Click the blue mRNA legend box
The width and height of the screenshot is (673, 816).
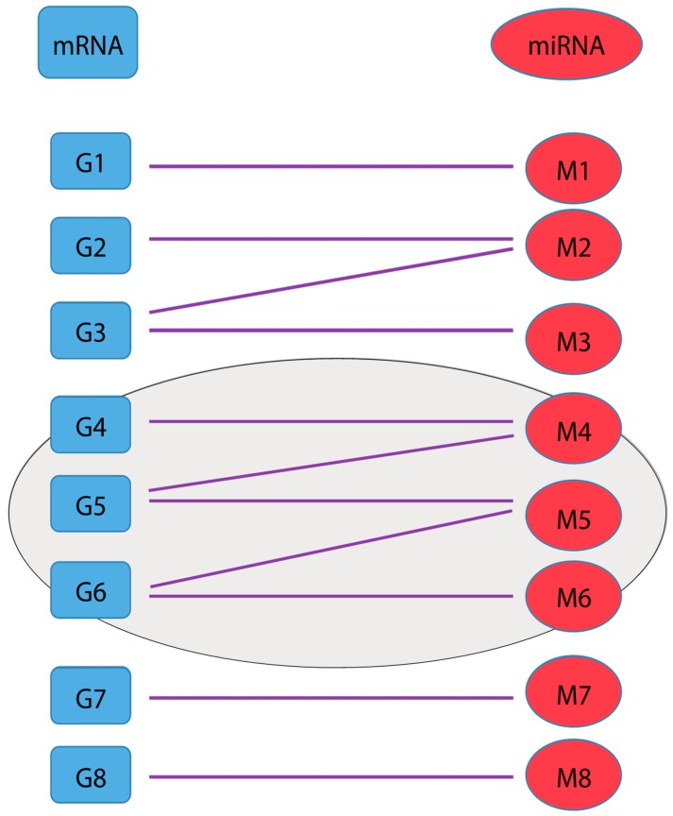point(88,42)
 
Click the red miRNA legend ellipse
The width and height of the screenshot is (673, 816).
point(566,43)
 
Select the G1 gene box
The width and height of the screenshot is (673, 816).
point(90,161)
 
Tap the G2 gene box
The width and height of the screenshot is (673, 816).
point(90,245)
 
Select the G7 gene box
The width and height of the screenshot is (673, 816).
point(90,695)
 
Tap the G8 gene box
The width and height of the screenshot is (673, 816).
point(90,774)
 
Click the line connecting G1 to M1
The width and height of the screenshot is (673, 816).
point(330,166)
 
